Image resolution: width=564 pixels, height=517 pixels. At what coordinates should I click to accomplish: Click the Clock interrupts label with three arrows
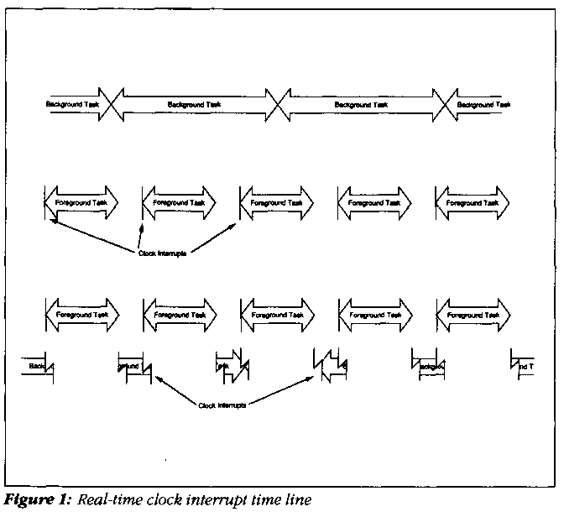tap(162, 253)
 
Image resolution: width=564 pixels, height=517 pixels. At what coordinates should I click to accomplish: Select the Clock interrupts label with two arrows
tap(222, 405)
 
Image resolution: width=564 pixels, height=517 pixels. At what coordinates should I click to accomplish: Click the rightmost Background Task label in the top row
tap(483, 104)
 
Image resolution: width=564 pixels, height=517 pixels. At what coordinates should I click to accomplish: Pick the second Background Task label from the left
tap(194, 104)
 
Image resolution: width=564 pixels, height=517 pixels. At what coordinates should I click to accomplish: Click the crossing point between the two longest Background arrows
tap(278, 104)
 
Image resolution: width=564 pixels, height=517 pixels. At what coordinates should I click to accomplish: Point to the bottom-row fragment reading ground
tap(128, 367)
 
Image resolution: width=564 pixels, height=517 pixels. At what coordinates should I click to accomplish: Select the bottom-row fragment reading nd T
tap(522, 367)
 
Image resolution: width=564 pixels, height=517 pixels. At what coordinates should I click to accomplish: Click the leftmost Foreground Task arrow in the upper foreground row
tap(81, 203)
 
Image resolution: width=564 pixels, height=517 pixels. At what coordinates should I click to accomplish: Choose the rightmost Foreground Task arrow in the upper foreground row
tap(472, 203)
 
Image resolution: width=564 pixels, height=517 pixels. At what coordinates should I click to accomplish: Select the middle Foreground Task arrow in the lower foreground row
tap(277, 315)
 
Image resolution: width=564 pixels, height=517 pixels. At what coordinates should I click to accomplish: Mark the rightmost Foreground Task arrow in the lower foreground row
tap(472, 315)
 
